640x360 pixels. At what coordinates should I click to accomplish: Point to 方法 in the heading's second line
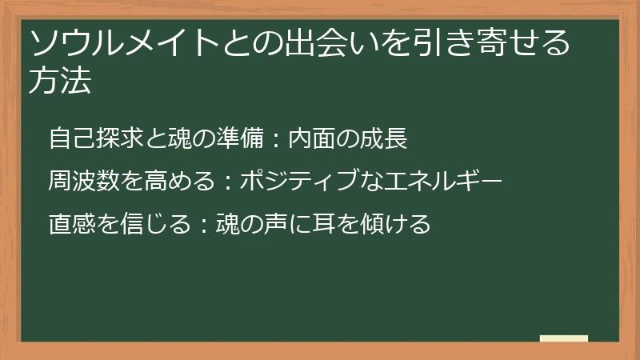(59, 82)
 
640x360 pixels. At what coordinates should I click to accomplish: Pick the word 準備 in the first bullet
(238, 138)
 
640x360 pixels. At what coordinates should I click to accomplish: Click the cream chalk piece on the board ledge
(563, 338)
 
